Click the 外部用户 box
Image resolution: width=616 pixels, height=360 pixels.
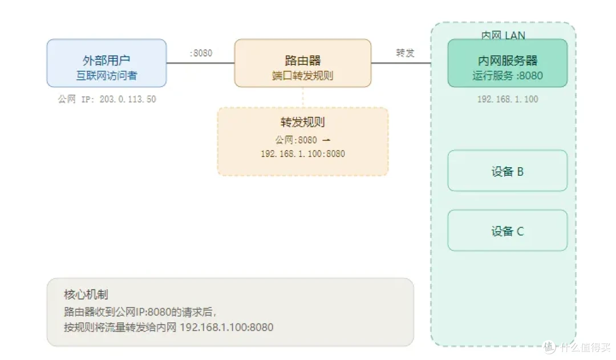107,63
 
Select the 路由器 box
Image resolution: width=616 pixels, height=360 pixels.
302,63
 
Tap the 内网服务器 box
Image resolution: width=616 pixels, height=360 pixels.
507,63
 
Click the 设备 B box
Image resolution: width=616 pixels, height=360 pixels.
507,171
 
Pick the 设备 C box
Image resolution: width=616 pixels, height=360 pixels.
507,230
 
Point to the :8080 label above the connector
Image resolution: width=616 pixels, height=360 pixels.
201,53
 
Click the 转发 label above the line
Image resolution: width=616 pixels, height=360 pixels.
405,53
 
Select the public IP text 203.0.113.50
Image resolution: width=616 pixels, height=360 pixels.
128,99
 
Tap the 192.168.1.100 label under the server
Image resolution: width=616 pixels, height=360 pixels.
508,99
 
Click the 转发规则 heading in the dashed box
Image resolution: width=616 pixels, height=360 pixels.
302,122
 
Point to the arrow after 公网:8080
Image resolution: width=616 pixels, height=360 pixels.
326,140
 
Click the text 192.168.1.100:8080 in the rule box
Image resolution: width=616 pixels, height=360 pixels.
302,153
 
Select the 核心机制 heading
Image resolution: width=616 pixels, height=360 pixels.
86,294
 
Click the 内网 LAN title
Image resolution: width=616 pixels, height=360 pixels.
503,35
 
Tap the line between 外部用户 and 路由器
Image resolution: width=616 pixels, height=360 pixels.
200,63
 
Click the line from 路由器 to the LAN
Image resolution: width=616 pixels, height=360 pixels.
401,63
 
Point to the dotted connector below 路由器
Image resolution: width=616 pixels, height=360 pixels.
302,97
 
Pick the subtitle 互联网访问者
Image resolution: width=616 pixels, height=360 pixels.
107,75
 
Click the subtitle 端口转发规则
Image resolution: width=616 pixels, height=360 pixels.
302,75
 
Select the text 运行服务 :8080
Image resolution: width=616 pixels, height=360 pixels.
508,75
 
